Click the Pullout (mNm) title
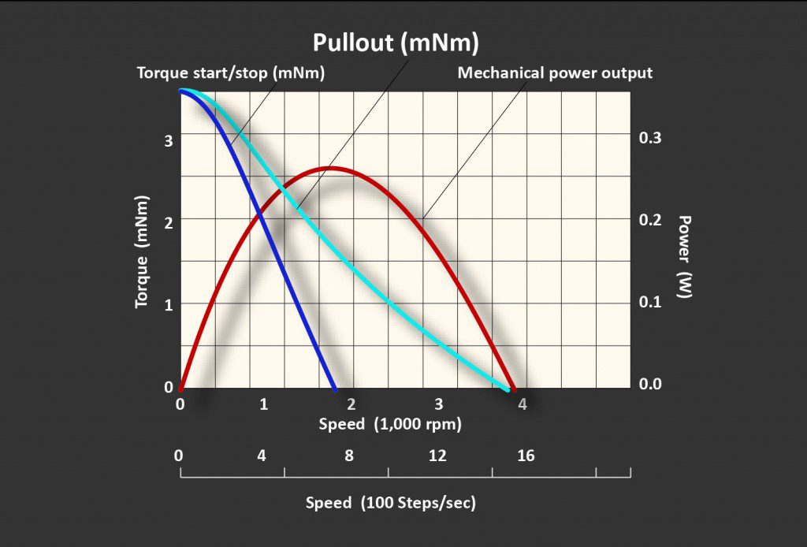[396, 43]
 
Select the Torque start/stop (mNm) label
[231, 73]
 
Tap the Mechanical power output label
[555, 73]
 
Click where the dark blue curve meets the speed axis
[335, 389]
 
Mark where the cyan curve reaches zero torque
[507, 389]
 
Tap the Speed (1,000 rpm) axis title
[389, 424]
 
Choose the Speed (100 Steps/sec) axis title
[391, 503]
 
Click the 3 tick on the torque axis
[167, 140]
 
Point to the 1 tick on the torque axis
[167, 304]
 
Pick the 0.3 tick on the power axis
[650, 138]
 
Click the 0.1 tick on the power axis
[650, 302]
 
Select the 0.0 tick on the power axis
[650, 384]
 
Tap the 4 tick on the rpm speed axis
[522, 404]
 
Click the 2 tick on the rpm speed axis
[351, 404]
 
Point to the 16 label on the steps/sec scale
[526, 456]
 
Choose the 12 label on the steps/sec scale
[437, 456]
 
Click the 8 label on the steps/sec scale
[349, 456]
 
